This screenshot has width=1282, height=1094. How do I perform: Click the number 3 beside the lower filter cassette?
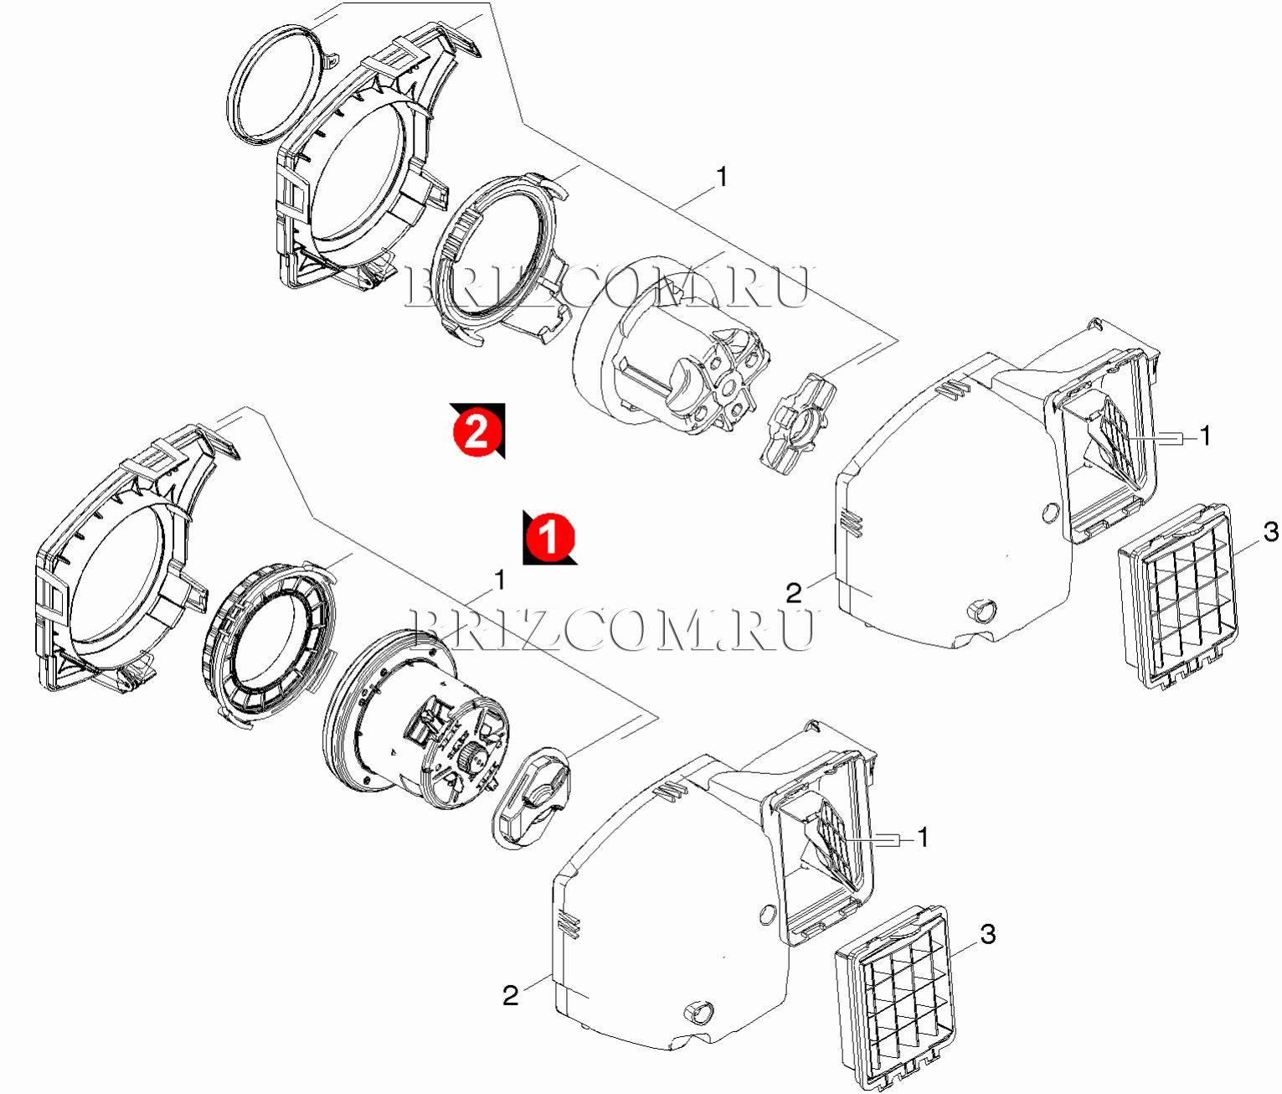tap(987, 934)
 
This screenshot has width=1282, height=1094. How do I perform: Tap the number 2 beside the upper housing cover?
tap(795, 592)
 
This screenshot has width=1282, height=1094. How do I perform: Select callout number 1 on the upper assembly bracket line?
tap(721, 177)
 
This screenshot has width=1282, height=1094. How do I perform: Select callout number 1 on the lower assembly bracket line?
tap(499, 581)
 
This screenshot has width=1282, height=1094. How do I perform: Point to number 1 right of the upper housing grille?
tap(1205, 436)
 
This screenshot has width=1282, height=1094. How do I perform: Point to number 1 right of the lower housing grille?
tap(922, 837)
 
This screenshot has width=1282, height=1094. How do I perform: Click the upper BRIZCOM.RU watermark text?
tap(606, 286)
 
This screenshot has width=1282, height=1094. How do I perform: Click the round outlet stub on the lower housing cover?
tap(698, 1013)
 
